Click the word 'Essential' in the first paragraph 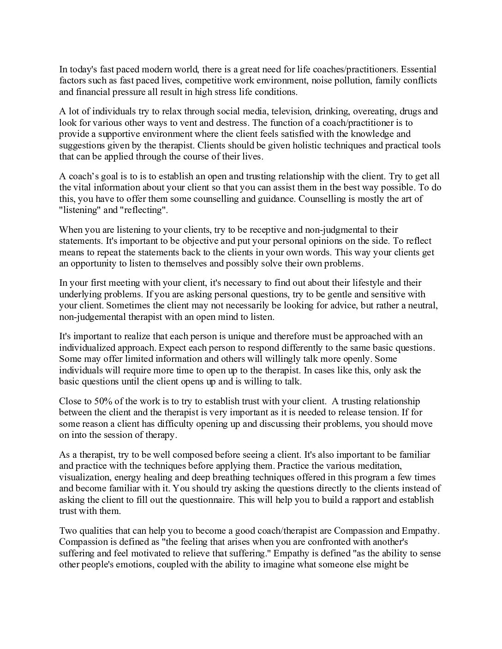click(x=418, y=70)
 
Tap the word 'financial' click(x=92, y=92)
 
